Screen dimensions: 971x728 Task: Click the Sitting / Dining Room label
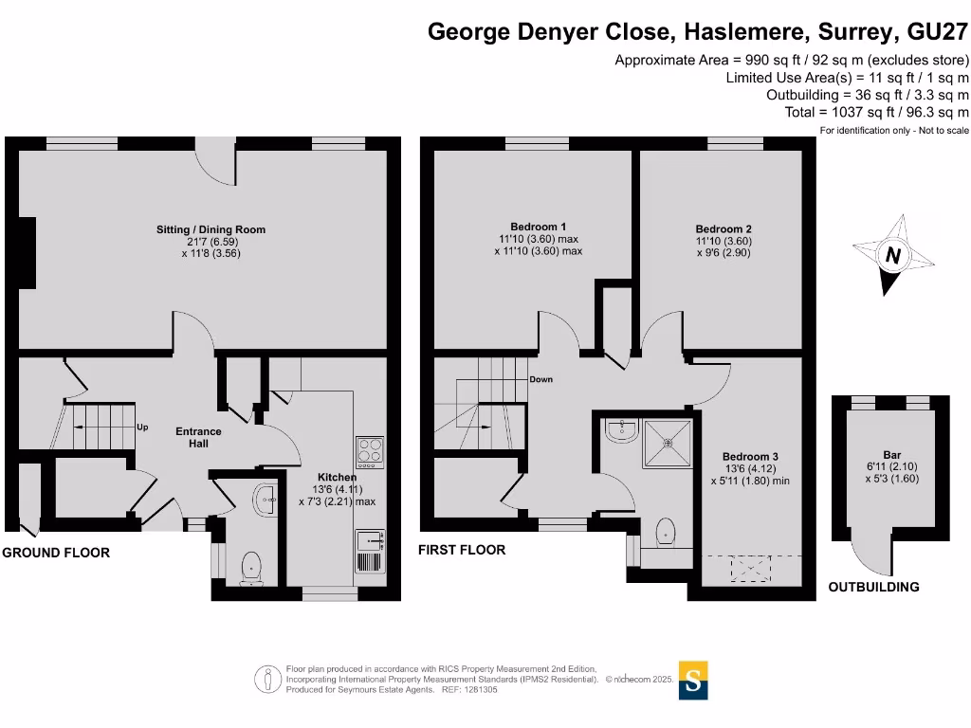tap(211, 229)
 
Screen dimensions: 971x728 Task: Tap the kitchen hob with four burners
tap(371, 452)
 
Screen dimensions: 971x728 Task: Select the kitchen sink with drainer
tap(371, 551)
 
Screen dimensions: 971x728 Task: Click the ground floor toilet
tap(251, 569)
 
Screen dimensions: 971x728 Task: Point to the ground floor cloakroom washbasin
tap(266, 499)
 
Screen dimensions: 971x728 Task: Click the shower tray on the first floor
tap(668, 444)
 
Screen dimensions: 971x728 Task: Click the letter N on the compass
tap(892, 255)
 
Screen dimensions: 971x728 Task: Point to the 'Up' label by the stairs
tap(142, 428)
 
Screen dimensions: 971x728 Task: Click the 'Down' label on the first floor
tap(540, 379)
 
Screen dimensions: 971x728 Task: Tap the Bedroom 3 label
tap(750, 457)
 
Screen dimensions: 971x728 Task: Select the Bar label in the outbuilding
tap(891, 455)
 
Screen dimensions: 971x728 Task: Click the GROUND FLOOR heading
tap(56, 553)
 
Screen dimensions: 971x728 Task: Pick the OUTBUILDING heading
tap(873, 587)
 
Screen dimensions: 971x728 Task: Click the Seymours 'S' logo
tap(693, 681)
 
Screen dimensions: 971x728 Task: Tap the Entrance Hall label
tap(198, 438)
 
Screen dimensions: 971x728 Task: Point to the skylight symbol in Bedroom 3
tap(751, 569)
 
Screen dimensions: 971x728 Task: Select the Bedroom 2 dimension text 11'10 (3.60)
tap(724, 241)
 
